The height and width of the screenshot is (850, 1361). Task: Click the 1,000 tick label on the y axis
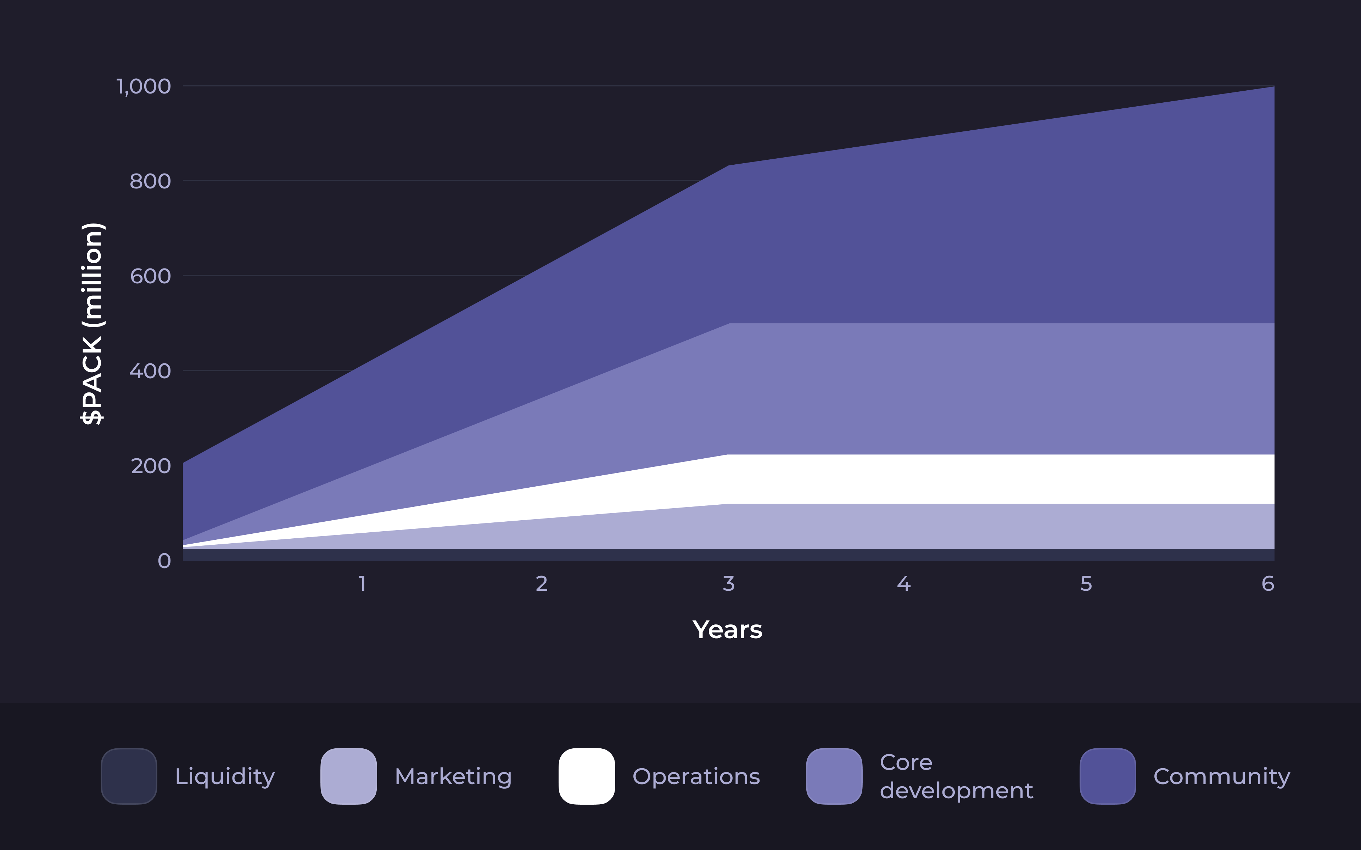click(x=144, y=86)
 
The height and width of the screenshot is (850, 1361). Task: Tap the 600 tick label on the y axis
click(x=150, y=276)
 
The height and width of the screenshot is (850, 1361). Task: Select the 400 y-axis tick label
click(x=150, y=371)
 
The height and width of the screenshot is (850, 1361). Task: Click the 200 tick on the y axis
click(x=151, y=466)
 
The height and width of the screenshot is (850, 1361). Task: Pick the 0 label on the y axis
click(x=164, y=561)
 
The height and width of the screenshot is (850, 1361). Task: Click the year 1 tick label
click(x=363, y=584)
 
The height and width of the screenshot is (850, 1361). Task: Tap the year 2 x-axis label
click(x=542, y=584)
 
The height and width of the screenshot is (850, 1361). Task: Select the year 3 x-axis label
click(x=728, y=584)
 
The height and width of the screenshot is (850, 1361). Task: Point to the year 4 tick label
click(x=904, y=584)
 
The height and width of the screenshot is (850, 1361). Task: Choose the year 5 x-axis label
click(x=1086, y=584)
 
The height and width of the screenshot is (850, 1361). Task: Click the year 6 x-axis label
click(x=1268, y=584)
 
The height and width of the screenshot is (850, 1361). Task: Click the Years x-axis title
click(x=727, y=630)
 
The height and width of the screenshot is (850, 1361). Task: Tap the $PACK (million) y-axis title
click(x=92, y=324)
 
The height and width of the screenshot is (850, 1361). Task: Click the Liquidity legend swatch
click(x=129, y=776)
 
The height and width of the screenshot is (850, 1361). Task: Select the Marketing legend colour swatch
click(x=349, y=776)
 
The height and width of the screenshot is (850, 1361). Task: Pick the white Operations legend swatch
click(x=587, y=776)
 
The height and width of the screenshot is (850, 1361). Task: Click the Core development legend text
click(x=956, y=776)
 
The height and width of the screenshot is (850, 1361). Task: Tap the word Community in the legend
click(x=1221, y=776)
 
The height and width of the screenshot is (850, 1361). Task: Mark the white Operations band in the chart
click(x=1001, y=479)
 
